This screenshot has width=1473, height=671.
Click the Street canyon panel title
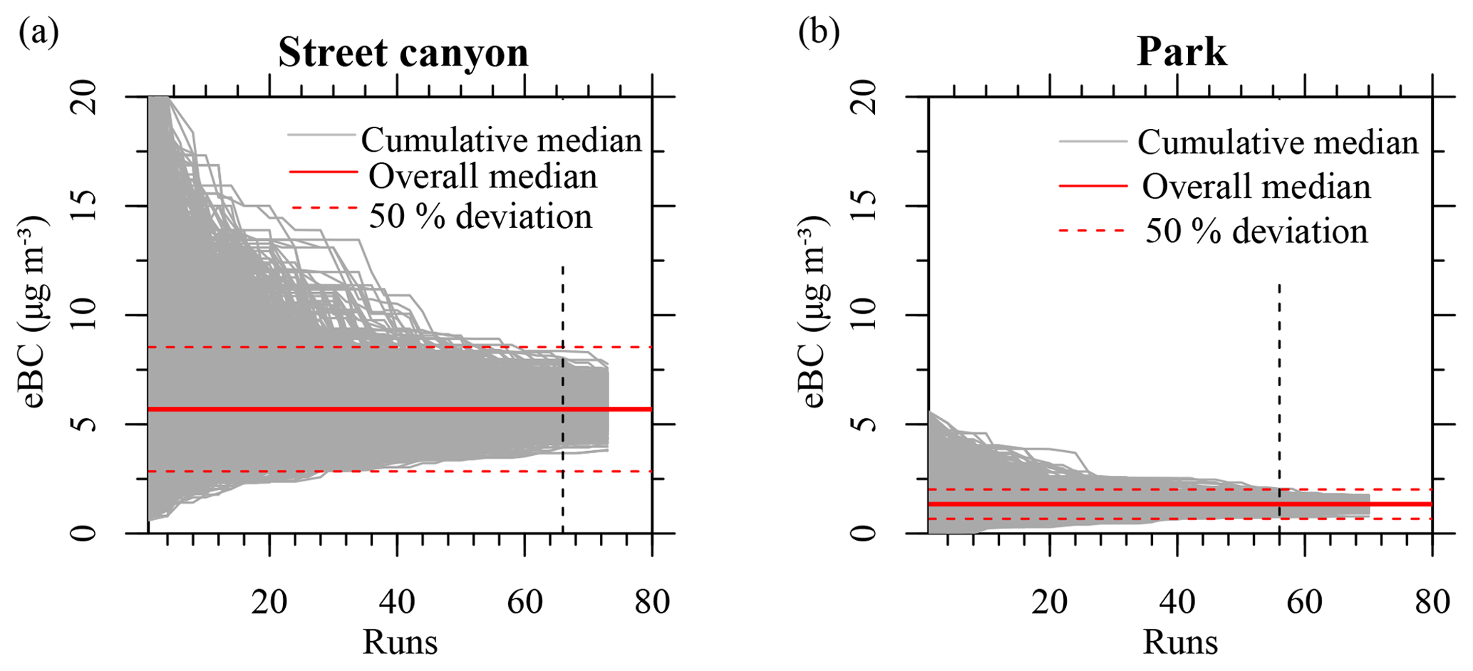(403, 53)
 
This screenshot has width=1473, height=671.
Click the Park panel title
(1182, 53)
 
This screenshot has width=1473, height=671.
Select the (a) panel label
(39, 33)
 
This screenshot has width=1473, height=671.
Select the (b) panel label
(819, 33)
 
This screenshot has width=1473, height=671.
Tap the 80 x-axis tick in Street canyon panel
(651, 603)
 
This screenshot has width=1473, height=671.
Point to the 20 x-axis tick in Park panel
(1050, 603)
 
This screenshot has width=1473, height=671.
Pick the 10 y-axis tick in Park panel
(864, 315)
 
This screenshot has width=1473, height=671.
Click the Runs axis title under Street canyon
(400, 642)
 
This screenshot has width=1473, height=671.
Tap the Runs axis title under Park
(1180, 642)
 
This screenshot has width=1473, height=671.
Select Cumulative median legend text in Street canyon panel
(501, 140)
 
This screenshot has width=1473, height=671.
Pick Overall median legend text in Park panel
(1256, 187)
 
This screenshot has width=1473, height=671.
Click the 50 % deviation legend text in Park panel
(1256, 232)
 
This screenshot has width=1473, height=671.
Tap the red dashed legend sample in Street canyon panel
(324, 209)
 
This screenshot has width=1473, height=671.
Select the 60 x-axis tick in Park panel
(1305, 603)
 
